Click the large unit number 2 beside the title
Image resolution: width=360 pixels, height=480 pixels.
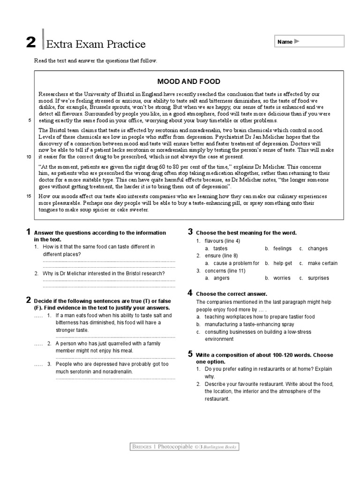(30, 43)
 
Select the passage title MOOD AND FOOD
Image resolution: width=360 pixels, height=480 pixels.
(189, 82)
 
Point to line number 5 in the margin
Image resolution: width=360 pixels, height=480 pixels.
(30, 120)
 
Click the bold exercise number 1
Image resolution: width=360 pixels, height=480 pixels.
(29, 232)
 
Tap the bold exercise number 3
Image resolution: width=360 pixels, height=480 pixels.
(191, 232)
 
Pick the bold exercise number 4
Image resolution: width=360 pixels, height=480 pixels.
(190, 292)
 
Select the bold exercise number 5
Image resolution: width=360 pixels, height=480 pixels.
(190, 353)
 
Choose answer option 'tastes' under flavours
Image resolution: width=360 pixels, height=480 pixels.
(220, 248)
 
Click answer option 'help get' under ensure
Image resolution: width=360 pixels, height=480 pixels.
(283, 263)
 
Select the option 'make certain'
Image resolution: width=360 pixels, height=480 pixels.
(322, 263)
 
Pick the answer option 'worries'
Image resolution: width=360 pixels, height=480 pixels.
(282, 278)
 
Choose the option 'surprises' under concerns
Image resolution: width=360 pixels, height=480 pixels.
(318, 278)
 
